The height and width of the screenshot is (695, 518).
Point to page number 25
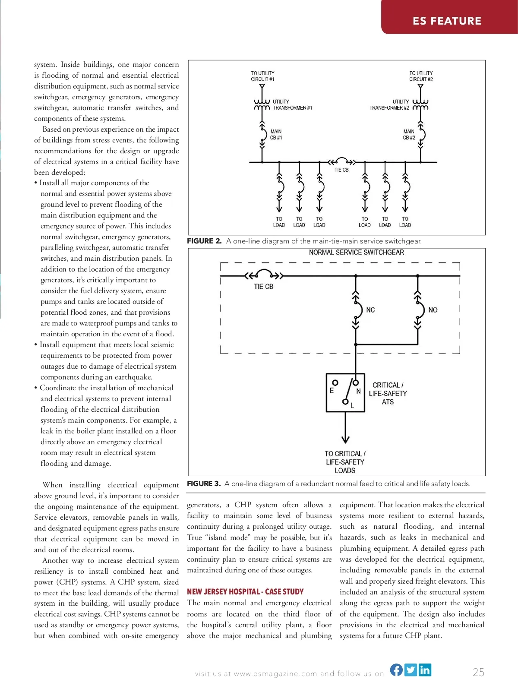(x=478, y=672)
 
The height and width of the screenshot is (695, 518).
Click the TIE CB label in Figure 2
(x=341, y=170)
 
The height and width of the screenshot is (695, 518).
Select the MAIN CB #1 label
(x=276, y=135)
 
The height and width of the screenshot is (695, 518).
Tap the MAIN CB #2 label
(x=409, y=135)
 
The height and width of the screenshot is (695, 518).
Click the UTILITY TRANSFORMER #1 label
(x=292, y=105)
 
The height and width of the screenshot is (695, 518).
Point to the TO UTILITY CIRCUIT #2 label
(x=421, y=76)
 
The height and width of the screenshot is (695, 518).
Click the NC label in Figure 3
(x=370, y=310)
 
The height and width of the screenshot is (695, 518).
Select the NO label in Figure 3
(x=433, y=310)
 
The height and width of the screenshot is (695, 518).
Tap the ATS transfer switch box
(x=345, y=393)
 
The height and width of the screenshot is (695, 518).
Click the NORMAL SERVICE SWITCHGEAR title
(x=357, y=253)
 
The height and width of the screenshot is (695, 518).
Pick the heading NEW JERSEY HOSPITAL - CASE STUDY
(x=245, y=591)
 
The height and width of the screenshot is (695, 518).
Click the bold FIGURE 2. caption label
(x=204, y=241)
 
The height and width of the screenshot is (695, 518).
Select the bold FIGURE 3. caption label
(x=204, y=483)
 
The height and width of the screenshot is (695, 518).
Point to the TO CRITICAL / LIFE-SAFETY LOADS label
(x=345, y=462)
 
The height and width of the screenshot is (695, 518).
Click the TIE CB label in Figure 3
(x=263, y=287)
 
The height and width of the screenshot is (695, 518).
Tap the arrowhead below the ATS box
(x=345, y=439)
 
